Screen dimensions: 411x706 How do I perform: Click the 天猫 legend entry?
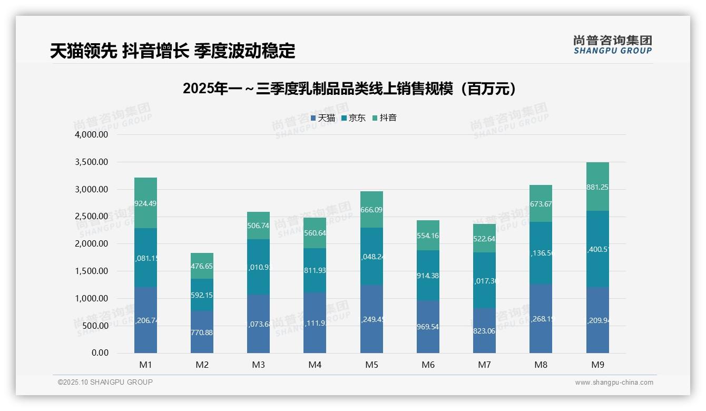(x=323, y=118)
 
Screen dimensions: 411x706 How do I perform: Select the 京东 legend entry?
(x=354, y=118)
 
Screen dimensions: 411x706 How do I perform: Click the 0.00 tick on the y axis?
(x=100, y=353)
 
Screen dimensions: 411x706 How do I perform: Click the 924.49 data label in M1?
(x=145, y=203)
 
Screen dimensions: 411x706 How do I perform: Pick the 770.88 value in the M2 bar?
(x=202, y=332)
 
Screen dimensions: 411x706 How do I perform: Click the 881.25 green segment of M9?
(x=597, y=187)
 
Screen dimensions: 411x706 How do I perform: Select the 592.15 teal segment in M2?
(x=202, y=295)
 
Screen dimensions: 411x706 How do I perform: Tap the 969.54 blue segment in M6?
(x=428, y=327)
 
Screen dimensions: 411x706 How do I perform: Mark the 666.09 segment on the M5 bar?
(x=371, y=210)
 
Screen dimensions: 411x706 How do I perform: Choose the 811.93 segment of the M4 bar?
(x=315, y=271)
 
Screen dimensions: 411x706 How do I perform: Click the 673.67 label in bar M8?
(x=541, y=204)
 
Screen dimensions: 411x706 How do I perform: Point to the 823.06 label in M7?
(x=484, y=331)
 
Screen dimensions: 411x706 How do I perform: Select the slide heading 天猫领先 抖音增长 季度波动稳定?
(x=173, y=51)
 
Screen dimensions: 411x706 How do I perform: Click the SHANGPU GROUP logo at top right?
(x=612, y=45)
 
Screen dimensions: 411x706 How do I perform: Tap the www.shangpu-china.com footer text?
(x=614, y=383)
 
